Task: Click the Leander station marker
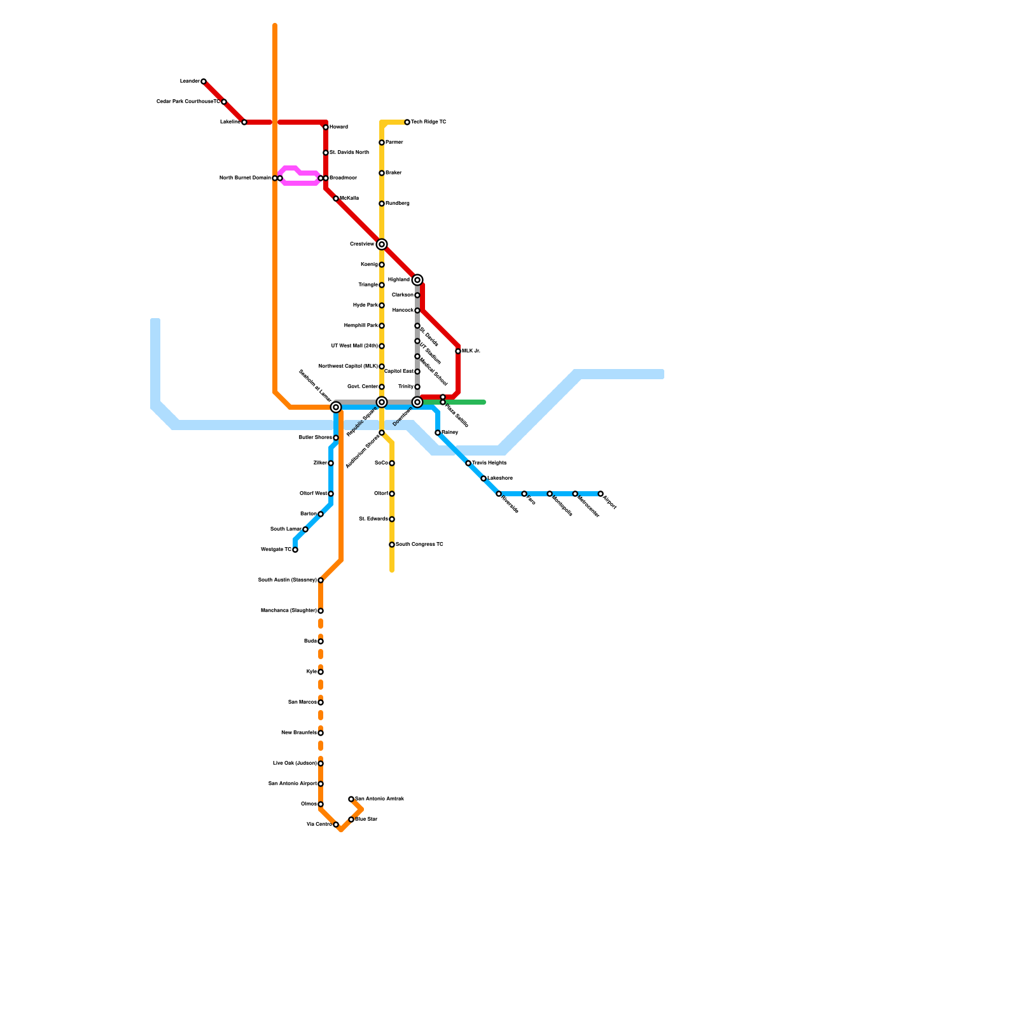click(204, 81)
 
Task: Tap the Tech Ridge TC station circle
click(407, 122)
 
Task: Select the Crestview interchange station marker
click(382, 244)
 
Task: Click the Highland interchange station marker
click(417, 280)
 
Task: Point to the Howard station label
click(338, 127)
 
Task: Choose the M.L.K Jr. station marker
click(458, 351)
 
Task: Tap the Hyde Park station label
click(365, 305)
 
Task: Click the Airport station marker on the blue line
click(601, 494)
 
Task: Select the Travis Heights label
click(489, 463)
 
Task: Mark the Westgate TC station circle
click(295, 550)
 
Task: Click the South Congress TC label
click(419, 545)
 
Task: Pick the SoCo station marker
click(392, 463)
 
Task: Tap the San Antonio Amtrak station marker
click(351, 799)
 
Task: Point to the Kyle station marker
click(321, 672)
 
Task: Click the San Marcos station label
click(302, 702)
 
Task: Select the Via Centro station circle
click(336, 825)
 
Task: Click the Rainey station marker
click(438, 433)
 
